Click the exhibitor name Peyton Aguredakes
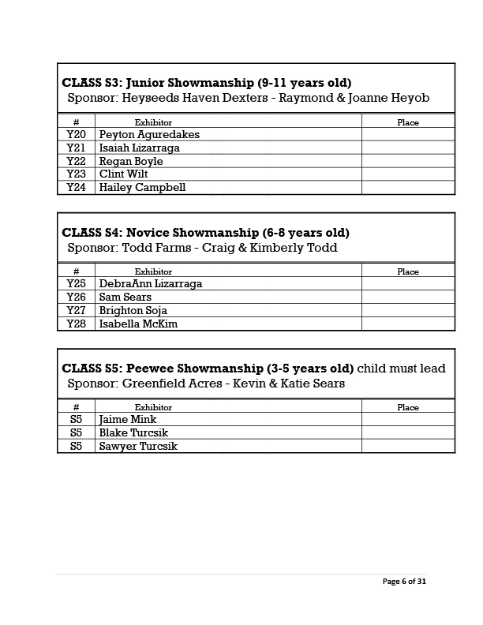[x=149, y=135]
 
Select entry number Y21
[x=76, y=148]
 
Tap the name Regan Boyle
[x=131, y=162]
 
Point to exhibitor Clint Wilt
[x=123, y=174]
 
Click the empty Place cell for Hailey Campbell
[x=408, y=188]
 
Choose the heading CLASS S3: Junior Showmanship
[x=207, y=83]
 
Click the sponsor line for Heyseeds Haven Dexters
[x=248, y=98]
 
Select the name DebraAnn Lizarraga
[x=150, y=284]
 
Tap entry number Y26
[x=76, y=298]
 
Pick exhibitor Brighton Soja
[x=133, y=311]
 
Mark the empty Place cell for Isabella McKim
[x=408, y=324]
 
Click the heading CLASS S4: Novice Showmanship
[x=205, y=233]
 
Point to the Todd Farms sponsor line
[x=202, y=248]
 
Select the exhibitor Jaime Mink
[x=128, y=420]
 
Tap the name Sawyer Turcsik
[x=138, y=447]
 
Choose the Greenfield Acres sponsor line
[x=206, y=384]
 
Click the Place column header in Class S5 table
[x=408, y=408]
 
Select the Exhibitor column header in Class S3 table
[x=153, y=123]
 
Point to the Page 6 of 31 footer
[x=404, y=582]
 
